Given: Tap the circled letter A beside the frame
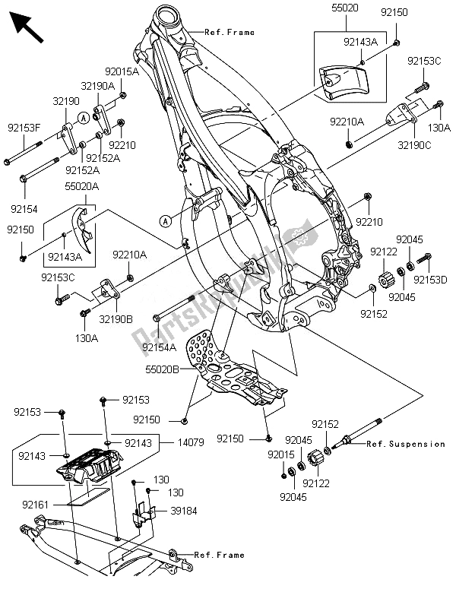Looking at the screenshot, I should click(x=166, y=220).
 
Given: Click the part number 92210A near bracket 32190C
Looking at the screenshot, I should click(x=347, y=121).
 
